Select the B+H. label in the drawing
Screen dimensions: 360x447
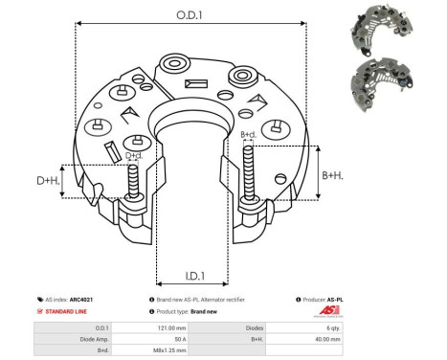pyautogui.click(x=333, y=175)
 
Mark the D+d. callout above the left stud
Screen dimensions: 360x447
pyautogui.click(x=135, y=155)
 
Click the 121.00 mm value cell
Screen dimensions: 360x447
pyautogui.click(x=178, y=328)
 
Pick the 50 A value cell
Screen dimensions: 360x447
pyautogui.click(x=178, y=339)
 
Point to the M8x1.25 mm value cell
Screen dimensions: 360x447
pyautogui.click(x=178, y=350)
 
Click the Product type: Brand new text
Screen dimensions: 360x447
pyautogui.click(x=186, y=312)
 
